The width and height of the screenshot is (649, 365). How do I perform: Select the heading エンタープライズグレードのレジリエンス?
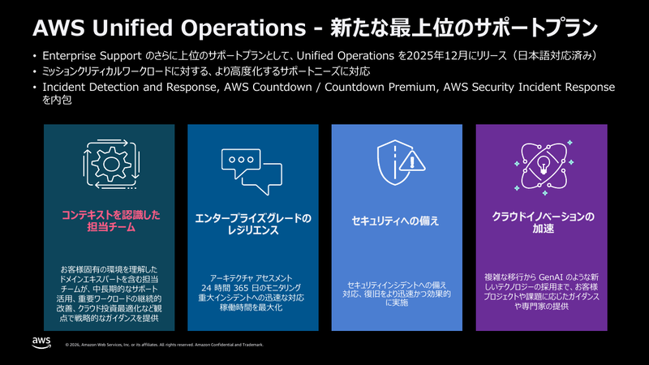point(253,224)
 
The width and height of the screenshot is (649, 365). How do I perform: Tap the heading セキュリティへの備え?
point(397,220)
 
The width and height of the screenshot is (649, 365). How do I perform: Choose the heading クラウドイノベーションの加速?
point(541,222)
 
